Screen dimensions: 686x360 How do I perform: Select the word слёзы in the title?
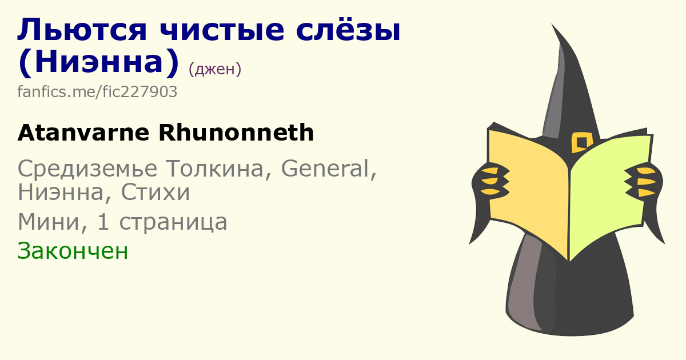(x=348, y=30)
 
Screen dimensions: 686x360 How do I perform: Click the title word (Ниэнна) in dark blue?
(x=98, y=62)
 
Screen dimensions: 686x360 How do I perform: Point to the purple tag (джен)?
(x=215, y=69)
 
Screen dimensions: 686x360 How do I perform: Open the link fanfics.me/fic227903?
(x=97, y=91)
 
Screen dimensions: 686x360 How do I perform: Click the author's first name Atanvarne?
(x=83, y=133)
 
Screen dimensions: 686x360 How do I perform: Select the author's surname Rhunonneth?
(x=236, y=133)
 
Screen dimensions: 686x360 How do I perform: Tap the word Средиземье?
(x=87, y=169)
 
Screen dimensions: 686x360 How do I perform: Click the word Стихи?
(x=155, y=192)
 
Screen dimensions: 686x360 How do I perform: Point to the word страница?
(x=173, y=222)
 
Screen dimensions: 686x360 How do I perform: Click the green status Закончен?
(x=73, y=251)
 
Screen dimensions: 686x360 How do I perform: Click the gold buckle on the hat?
(x=582, y=142)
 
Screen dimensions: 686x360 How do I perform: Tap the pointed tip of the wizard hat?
(x=552, y=25)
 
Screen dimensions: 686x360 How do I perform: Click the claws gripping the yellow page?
(x=491, y=181)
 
